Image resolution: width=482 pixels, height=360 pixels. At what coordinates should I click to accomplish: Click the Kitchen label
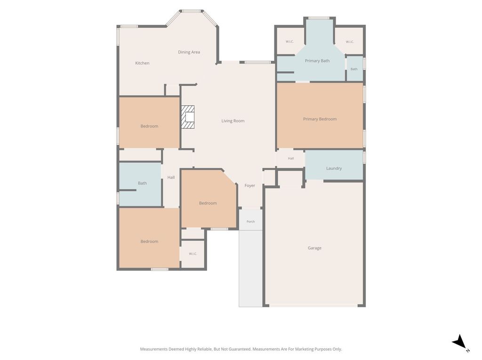142,63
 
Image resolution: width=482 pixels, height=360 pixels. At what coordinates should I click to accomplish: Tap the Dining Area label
189,52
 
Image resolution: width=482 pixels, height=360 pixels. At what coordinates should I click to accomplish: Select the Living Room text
233,121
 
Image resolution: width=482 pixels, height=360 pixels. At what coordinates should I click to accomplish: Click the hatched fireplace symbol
188,117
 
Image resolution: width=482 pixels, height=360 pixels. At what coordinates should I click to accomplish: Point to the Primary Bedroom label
320,119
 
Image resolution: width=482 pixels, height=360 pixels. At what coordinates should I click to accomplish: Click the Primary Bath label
317,61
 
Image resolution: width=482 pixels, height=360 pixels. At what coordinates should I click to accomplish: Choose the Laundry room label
334,168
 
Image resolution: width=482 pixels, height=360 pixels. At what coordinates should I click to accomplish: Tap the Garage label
314,248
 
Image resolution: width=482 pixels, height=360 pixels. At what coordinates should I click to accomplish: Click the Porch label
250,221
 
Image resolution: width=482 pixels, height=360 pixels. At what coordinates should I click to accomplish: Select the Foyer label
249,185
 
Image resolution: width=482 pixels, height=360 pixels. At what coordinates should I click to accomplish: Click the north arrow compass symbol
460,342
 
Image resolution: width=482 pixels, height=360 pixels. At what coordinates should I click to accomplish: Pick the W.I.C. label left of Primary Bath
289,41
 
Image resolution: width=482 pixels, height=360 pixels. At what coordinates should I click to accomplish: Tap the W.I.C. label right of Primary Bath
350,42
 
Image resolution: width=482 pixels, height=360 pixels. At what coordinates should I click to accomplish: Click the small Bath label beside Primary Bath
354,69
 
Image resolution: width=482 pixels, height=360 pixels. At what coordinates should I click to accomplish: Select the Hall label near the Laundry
291,158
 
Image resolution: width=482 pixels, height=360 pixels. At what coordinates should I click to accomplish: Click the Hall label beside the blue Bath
171,177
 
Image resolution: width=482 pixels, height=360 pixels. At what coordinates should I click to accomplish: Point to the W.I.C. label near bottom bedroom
193,254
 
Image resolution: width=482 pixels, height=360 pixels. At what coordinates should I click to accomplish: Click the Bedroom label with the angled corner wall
208,203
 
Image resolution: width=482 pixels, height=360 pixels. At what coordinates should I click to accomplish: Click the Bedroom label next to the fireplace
149,126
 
